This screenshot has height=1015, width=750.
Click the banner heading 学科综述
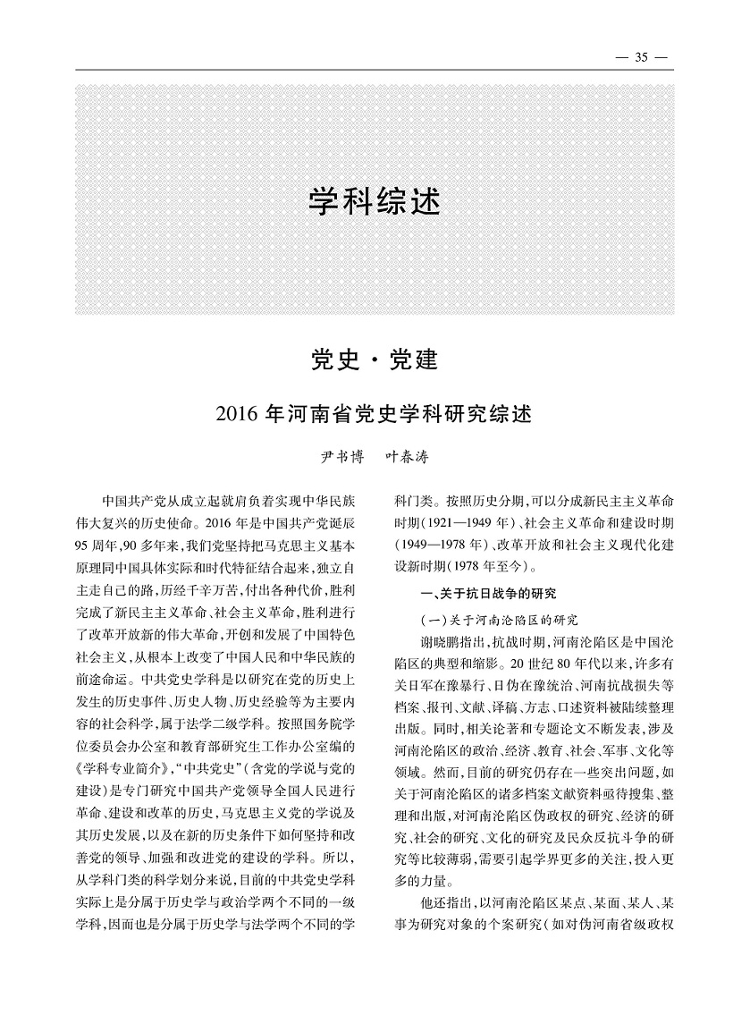[x=375, y=200]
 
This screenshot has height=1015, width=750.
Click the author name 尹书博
[x=341, y=457]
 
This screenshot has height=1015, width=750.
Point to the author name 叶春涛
[x=406, y=457]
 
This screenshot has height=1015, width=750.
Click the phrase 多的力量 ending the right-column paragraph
[x=425, y=878]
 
